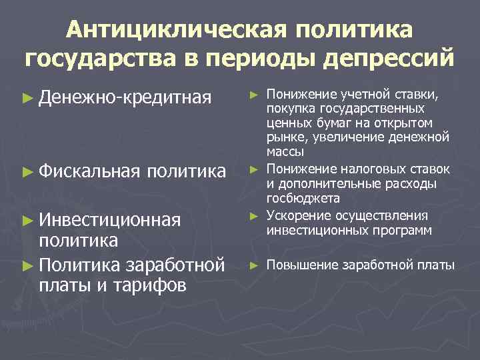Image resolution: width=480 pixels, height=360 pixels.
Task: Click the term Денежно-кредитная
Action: tap(125, 99)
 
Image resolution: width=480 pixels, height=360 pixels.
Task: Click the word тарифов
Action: tap(149, 286)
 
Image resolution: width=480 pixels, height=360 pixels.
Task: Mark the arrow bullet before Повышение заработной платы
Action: tap(253, 265)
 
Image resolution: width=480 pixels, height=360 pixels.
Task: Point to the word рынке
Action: tap(283, 138)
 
